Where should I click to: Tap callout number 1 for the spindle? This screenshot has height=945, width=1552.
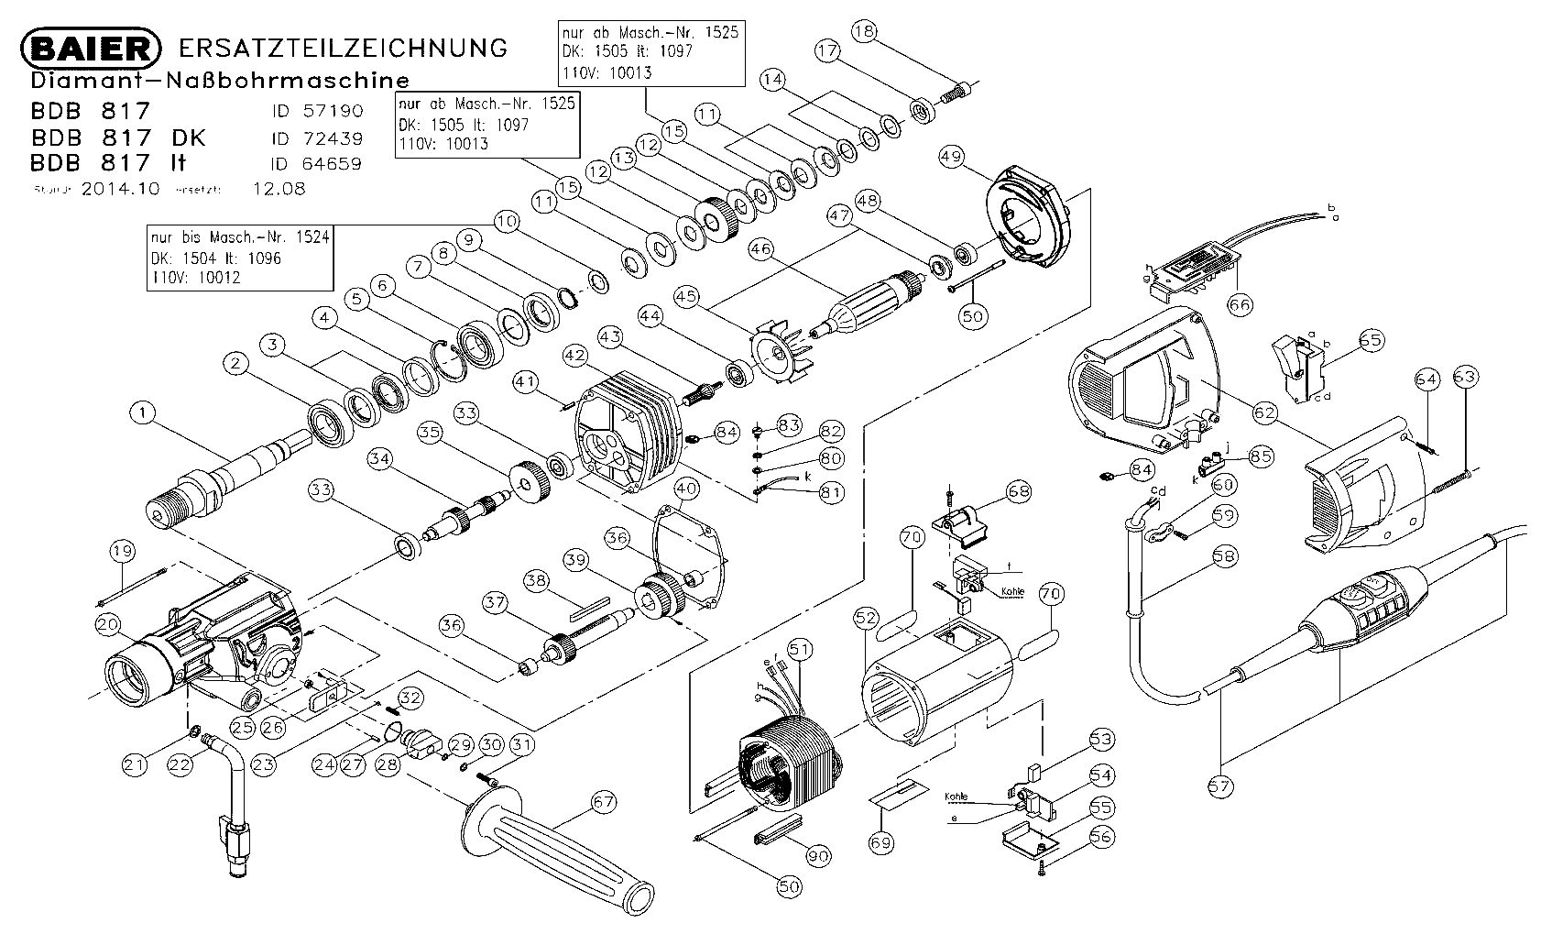click(x=142, y=413)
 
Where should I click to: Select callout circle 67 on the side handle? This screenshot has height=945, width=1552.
click(x=603, y=802)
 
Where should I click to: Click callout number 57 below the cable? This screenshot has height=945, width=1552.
click(x=1221, y=786)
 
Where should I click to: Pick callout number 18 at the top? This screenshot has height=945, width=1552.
click(x=864, y=31)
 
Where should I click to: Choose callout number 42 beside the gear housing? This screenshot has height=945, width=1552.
click(x=574, y=354)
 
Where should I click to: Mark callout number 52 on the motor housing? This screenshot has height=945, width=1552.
click(x=866, y=619)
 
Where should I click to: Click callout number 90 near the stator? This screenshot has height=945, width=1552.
click(x=818, y=856)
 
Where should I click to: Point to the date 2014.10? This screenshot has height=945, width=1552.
click(x=120, y=190)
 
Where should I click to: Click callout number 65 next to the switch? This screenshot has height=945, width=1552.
click(x=1370, y=341)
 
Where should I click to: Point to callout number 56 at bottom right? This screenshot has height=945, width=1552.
click(x=1100, y=837)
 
